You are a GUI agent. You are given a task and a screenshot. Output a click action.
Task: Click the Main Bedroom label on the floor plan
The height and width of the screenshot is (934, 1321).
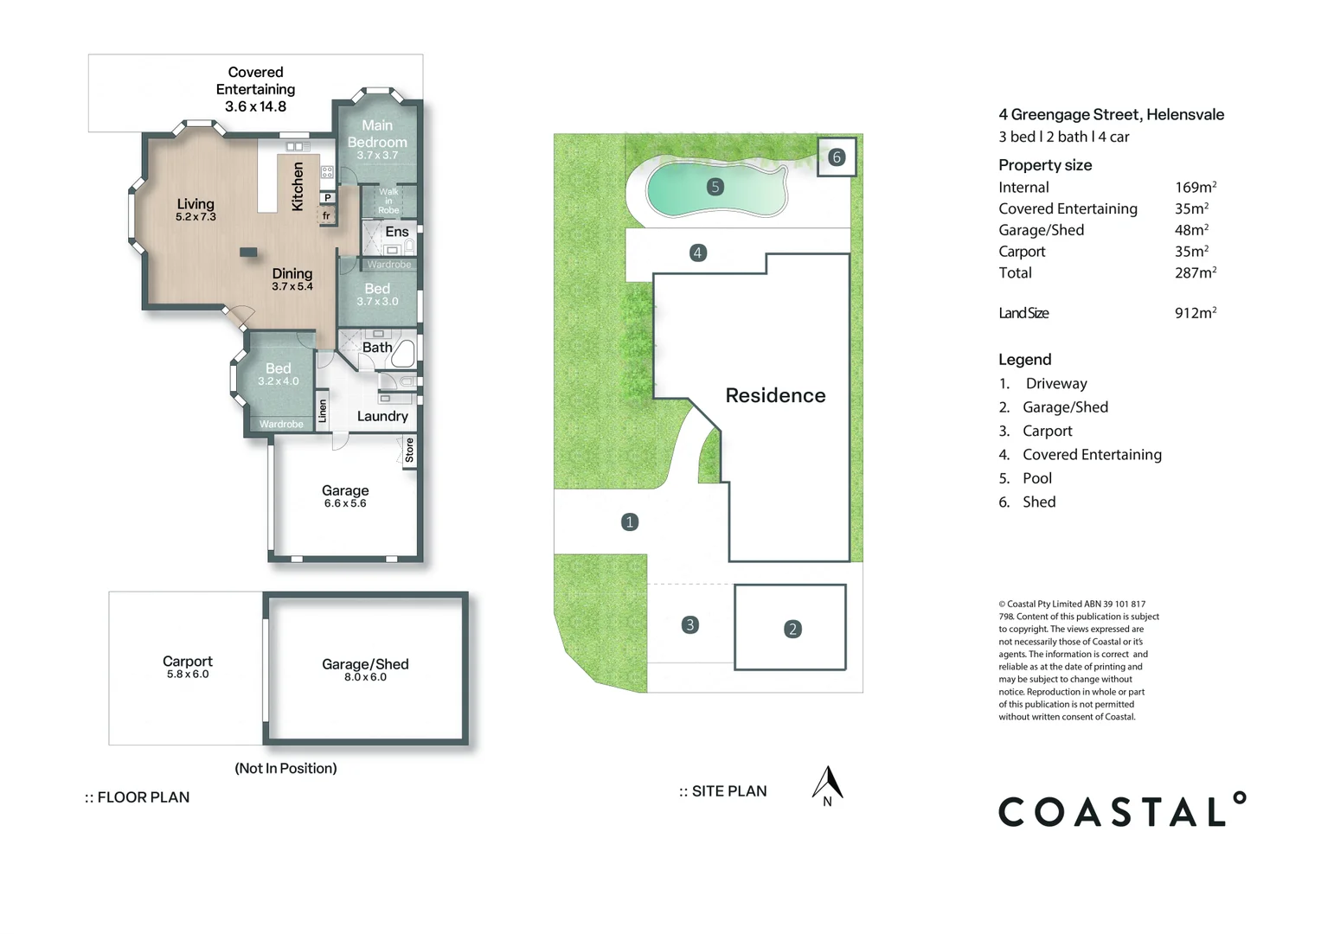[x=377, y=133]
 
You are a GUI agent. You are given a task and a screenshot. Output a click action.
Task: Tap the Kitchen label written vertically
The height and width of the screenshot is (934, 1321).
[x=298, y=186]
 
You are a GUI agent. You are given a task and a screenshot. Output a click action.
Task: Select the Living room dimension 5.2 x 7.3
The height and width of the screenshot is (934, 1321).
[x=196, y=217]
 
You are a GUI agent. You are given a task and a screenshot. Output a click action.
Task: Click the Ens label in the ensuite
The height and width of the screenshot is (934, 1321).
[x=397, y=232]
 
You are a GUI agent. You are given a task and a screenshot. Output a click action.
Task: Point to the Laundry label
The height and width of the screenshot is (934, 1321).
[x=382, y=416]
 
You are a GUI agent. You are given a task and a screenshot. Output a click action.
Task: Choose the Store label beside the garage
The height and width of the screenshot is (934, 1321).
[x=410, y=450]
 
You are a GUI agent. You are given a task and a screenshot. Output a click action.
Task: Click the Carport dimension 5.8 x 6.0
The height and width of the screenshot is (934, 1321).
[x=188, y=675]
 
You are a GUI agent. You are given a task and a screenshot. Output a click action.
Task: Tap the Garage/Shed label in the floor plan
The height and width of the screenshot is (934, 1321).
[x=365, y=664]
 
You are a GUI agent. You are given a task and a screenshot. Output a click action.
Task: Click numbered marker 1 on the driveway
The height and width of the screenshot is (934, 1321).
[x=630, y=521]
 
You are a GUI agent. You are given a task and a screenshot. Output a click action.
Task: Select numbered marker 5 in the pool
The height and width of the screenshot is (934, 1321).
[x=715, y=187]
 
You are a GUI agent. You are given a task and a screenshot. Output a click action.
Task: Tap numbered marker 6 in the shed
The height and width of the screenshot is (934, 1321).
[x=836, y=157]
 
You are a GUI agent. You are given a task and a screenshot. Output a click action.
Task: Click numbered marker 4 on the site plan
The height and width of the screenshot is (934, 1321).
[x=697, y=253]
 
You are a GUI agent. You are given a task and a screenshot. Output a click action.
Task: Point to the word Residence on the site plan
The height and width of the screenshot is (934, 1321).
[x=775, y=395]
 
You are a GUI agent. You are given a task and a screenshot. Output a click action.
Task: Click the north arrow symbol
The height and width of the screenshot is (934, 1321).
[x=827, y=784]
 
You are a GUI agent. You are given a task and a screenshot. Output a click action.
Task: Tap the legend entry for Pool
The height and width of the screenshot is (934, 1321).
[x=1036, y=478]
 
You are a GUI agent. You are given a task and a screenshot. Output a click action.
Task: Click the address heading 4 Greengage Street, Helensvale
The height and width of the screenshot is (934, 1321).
[x=1111, y=114]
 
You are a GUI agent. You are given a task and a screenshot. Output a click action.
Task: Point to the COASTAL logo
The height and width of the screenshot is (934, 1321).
[x=1122, y=811]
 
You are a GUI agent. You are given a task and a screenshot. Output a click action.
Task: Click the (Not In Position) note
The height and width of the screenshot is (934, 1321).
[x=285, y=768]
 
